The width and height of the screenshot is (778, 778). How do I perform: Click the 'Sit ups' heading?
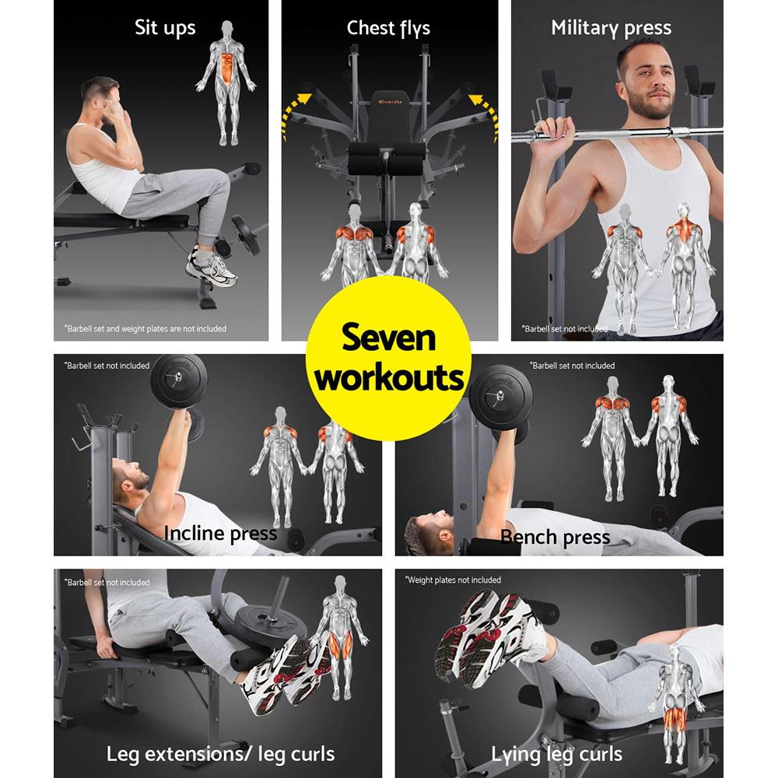(x=165, y=29)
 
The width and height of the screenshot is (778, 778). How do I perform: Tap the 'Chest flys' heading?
(x=388, y=29)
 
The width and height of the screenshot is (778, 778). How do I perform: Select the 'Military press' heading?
(x=611, y=29)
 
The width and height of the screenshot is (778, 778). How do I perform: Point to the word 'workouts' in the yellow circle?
(x=390, y=379)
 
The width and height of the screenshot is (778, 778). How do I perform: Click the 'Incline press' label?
(x=220, y=534)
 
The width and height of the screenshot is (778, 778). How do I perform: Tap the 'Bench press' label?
(x=555, y=537)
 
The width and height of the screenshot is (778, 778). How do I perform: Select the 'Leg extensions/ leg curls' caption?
(x=221, y=753)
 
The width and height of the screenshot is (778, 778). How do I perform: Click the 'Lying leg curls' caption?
(x=556, y=753)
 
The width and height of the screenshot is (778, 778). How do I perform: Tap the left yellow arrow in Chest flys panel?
(x=296, y=110)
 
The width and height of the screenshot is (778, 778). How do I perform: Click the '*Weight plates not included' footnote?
(x=454, y=580)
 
